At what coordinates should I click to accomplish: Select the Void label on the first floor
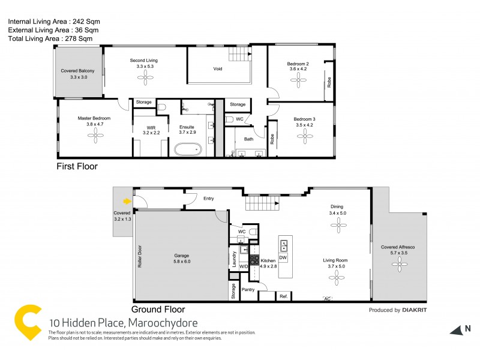pyautogui.click(x=218, y=69)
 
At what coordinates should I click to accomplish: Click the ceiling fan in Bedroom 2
pyautogui.click(x=298, y=82)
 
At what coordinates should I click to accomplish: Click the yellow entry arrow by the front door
pyautogui.click(x=127, y=202)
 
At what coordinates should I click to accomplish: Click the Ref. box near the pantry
pyautogui.click(x=283, y=296)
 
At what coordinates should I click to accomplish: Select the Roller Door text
pyautogui.click(x=140, y=256)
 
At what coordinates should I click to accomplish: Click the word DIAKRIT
pyautogui.click(x=415, y=310)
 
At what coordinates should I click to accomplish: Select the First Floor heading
pyautogui.click(x=76, y=166)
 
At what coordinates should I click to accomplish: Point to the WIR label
pyautogui.click(x=151, y=127)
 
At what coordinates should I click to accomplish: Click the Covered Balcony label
pyautogui.click(x=78, y=71)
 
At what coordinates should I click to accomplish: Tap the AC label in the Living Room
pyautogui.click(x=327, y=298)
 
